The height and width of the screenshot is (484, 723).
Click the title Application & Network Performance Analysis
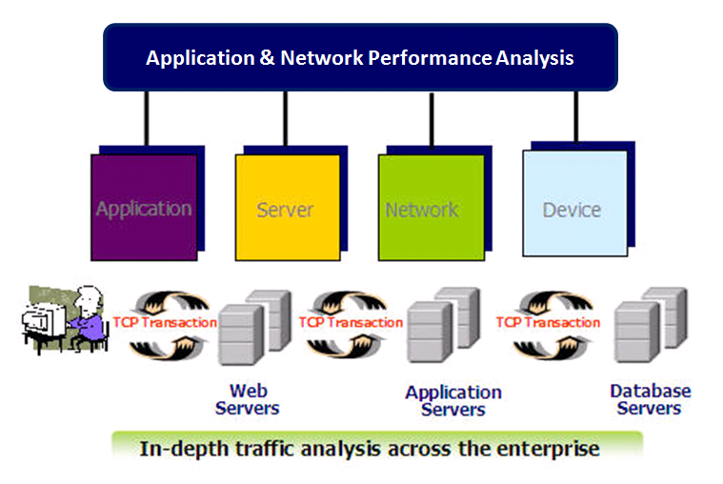[x=359, y=57]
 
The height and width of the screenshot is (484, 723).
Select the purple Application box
[x=143, y=208]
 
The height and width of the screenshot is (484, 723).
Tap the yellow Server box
[x=286, y=208]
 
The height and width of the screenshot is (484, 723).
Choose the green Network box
[x=422, y=208]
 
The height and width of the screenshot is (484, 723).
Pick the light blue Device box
[x=572, y=208]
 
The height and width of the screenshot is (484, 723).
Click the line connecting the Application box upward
[x=146, y=119]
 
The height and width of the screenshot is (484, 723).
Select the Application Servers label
[x=453, y=401]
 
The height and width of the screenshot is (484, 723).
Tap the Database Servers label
[x=650, y=399]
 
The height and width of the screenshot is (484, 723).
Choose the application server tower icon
[x=440, y=330]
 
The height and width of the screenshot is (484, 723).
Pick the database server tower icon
[x=648, y=330]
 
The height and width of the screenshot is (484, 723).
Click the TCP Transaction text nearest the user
[x=165, y=322]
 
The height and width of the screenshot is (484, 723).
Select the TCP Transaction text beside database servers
[x=548, y=322]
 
